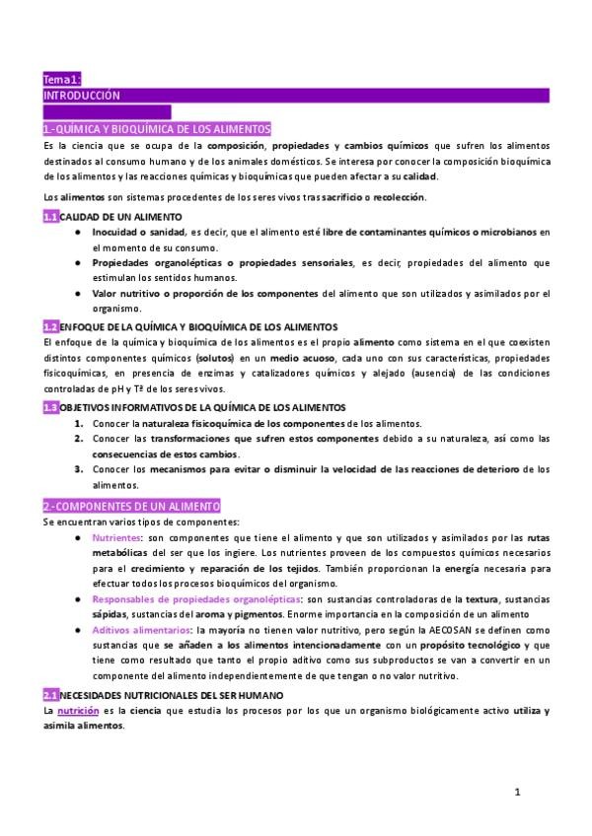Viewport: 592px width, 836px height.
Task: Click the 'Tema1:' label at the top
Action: point(61,79)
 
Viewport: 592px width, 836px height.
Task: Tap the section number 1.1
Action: point(50,216)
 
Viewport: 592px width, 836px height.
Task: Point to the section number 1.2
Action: point(50,326)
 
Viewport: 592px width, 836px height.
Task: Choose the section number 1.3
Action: point(50,407)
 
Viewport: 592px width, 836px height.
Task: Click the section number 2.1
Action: point(50,695)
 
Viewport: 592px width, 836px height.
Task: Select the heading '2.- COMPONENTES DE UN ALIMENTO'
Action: point(131,506)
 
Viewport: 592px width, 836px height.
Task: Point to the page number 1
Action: point(517,792)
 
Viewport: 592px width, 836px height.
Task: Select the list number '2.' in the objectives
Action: point(79,438)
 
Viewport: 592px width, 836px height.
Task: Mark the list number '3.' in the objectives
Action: point(79,468)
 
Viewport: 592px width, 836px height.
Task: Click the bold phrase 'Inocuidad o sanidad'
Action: point(141,232)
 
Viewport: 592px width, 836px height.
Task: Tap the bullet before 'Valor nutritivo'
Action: point(78,293)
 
